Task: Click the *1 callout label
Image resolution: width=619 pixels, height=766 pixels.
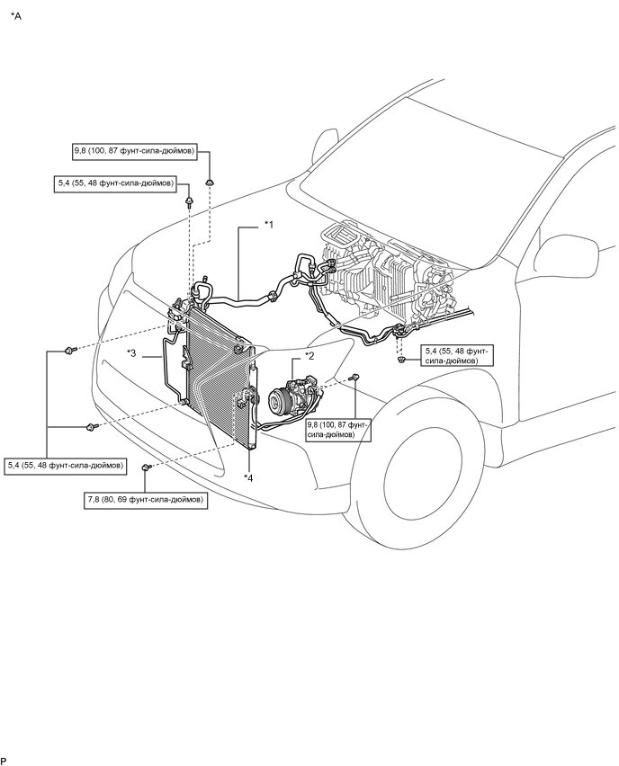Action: point(268,226)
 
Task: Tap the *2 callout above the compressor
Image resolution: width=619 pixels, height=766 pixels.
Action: point(309,355)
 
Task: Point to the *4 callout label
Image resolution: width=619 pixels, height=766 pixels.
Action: point(248,477)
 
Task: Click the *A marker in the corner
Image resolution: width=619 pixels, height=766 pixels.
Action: point(16,17)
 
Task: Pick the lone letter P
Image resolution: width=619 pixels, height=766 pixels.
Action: point(4,761)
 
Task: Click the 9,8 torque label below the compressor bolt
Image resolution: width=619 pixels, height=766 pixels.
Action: point(337,428)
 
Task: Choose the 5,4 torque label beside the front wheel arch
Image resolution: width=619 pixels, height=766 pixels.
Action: point(452,355)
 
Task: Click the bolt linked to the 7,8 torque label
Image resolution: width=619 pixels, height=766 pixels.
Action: point(146,468)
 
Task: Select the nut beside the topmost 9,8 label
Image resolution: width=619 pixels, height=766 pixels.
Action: point(209,183)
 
